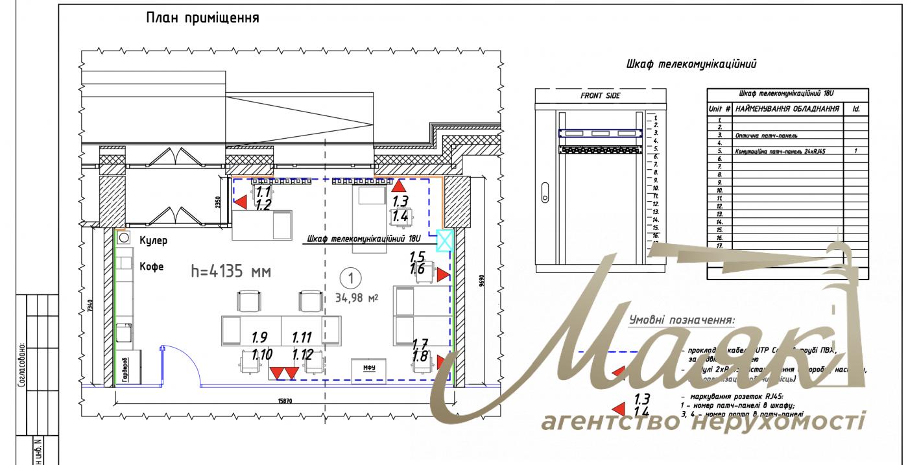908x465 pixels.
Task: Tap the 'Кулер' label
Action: pos(154,241)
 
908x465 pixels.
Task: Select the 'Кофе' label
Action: pos(152,266)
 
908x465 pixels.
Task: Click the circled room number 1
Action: pos(350,279)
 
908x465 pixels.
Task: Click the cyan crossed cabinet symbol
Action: pos(445,240)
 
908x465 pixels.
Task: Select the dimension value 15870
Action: pos(285,401)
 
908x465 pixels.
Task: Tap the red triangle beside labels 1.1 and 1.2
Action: pos(240,203)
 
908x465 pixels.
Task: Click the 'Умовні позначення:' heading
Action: pos(682,320)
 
